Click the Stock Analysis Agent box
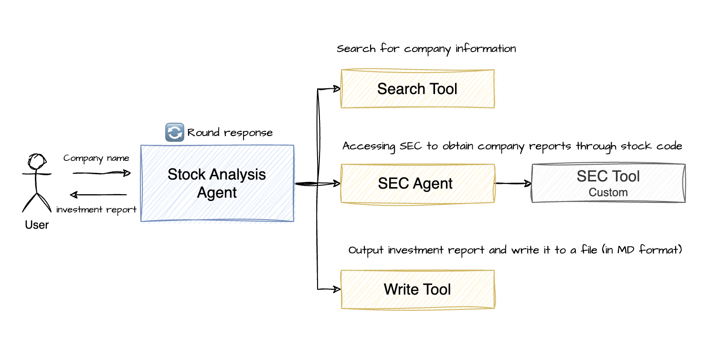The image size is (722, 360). (x=217, y=183)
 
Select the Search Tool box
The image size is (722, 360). (x=417, y=89)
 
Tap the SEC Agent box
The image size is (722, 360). (x=417, y=184)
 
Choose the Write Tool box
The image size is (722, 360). (x=417, y=289)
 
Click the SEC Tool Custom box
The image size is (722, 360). (x=608, y=183)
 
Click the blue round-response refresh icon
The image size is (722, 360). (x=174, y=132)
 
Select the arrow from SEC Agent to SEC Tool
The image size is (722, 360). (x=513, y=183)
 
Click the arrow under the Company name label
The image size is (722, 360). (x=101, y=173)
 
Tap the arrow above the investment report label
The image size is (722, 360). (x=98, y=194)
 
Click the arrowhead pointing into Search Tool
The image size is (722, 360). (x=336, y=89)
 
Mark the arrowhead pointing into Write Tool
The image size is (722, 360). (x=336, y=289)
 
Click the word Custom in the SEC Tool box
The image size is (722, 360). (x=608, y=192)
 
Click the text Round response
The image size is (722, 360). (x=230, y=133)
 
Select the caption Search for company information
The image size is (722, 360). (x=426, y=49)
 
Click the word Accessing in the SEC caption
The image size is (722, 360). (x=366, y=146)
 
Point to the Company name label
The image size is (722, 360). (x=96, y=158)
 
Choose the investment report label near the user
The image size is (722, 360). (x=96, y=210)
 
